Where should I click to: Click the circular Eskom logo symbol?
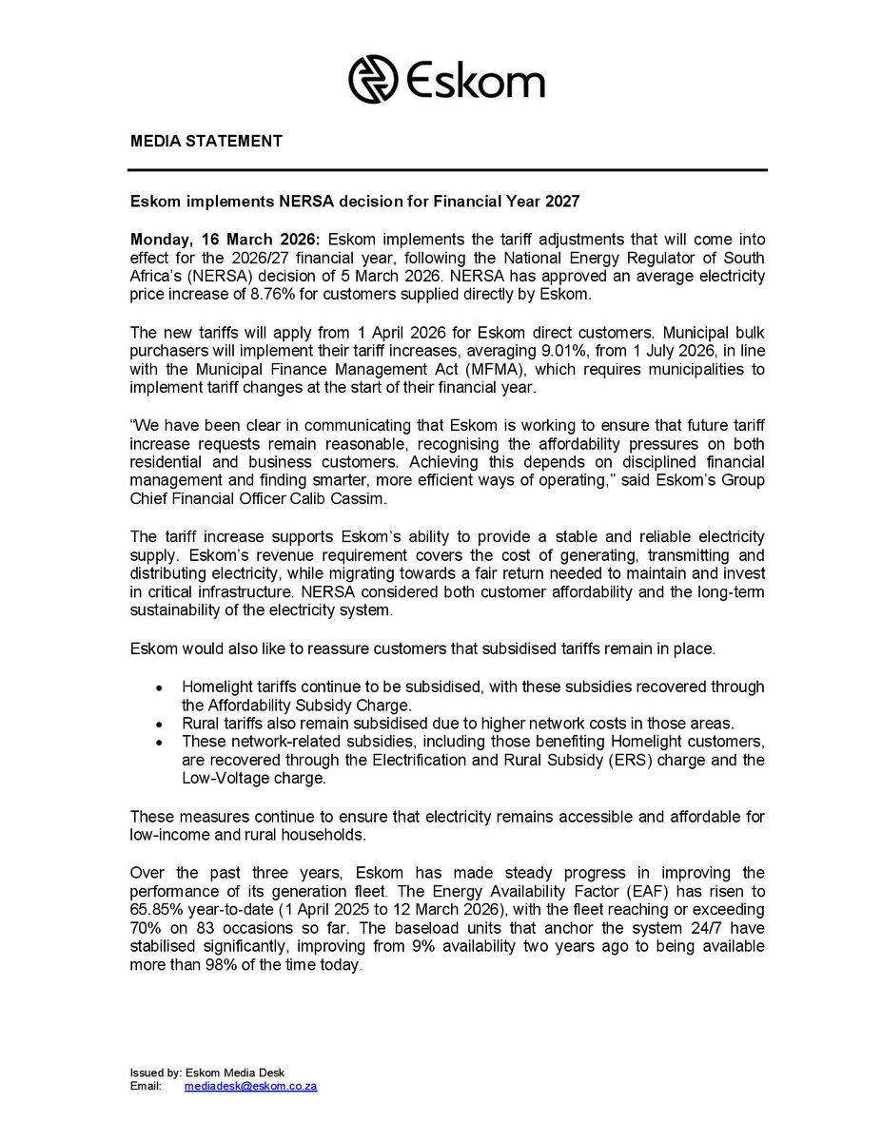point(372,78)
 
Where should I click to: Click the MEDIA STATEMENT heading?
point(206,142)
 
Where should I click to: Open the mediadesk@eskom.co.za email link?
point(250,1085)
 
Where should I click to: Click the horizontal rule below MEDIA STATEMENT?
point(448,170)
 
